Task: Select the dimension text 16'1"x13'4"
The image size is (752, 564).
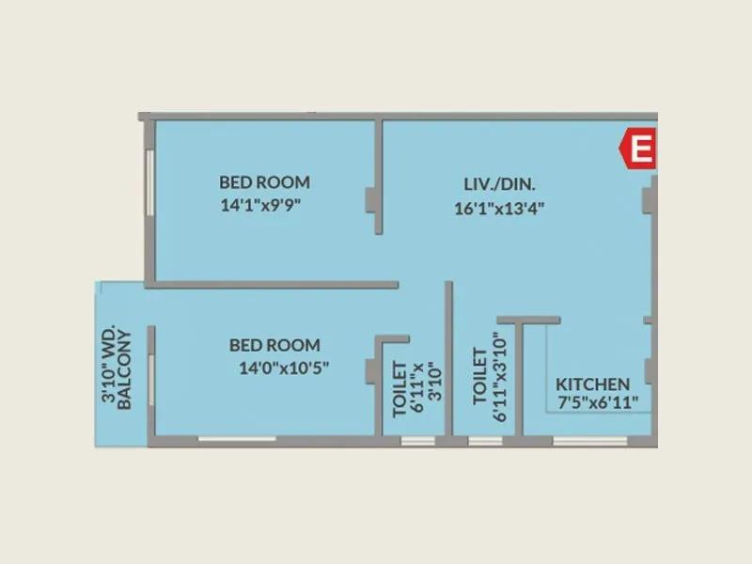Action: tap(499, 208)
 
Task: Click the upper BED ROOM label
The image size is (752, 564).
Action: tap(264, 182)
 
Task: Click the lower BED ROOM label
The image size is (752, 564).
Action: tap(274, 345)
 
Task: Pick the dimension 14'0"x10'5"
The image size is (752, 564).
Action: tap(284, 368)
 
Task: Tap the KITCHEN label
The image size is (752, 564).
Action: tap(593, 384)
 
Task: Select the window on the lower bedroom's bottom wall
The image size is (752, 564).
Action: tap(237, 439)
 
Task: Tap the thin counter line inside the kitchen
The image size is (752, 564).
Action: tap(548, 367)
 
